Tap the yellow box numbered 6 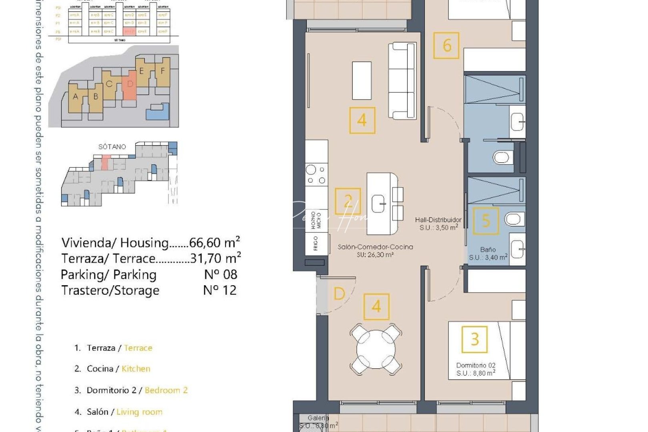coord(446,46)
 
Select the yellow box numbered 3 coord(474,340)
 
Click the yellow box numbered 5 coord(486,220)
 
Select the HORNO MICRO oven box coord(316,220)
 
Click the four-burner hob coord(316,175)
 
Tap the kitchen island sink coord(378,204)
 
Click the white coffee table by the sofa coord(362,80)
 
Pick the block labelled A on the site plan coord(76,97)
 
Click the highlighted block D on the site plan coord(130,85)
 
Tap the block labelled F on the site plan coord(162,71)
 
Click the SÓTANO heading coord(112,147)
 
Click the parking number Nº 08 coord(220,275)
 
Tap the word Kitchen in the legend coord(136,369)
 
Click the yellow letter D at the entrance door coord(339,294)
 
